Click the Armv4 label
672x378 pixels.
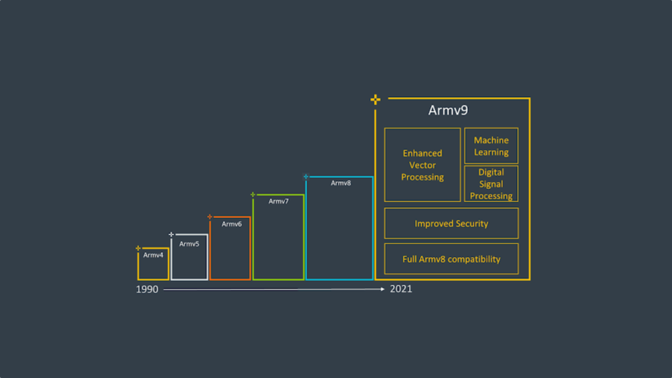tap(154, 255)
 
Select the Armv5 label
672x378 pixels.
tap(189, 244)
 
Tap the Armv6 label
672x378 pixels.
tap(232, 224)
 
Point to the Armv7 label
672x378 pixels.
tap(278, 201)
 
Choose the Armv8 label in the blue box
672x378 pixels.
tap(341, 183)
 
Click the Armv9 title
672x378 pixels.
tap(448, 110)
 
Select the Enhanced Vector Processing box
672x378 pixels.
tap(423, 165)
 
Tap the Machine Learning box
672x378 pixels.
tap(492, 146)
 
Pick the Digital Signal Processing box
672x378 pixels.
tap(492, 184)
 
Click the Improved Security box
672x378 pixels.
tap(451, 224)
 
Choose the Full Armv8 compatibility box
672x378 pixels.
tap(451, 259)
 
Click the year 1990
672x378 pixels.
tap(148, 289)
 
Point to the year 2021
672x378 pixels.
tap(401, 289)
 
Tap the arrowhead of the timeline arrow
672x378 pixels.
tap(383, 289)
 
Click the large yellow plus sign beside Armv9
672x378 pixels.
tap(375, 100)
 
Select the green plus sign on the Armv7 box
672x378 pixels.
tap(253, 194)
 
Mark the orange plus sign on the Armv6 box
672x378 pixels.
tap(210, 217)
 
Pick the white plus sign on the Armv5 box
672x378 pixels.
tap(171, 234)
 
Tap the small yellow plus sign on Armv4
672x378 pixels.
tap(138, 248)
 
